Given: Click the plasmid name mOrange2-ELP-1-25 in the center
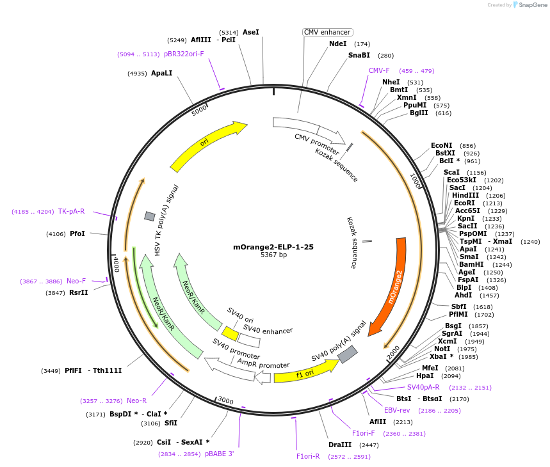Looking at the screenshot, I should [x=273, y=246].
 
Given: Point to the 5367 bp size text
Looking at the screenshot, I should [x=273, y=255].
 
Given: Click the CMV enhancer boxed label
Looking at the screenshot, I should [x=327, y=32].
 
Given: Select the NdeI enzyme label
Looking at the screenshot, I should [x=337, y=44].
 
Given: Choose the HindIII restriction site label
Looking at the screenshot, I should [x=465, y=195].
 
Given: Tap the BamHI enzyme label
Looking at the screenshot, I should [x=471, y=264].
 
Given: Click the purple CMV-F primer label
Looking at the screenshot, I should [x=379, y=70].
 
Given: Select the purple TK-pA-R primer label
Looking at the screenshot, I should [x=71, y=211].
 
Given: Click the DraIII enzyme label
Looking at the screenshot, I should [x=340, y=445].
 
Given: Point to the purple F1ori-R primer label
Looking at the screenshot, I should [x=308, y=456].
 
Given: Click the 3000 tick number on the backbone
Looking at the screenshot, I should [x=225, y=400].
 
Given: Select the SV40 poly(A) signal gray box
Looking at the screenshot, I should [x=347, y=354].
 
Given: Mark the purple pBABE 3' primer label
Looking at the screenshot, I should [x=220, y=454].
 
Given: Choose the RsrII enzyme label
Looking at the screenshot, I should [x=79, y=292].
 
